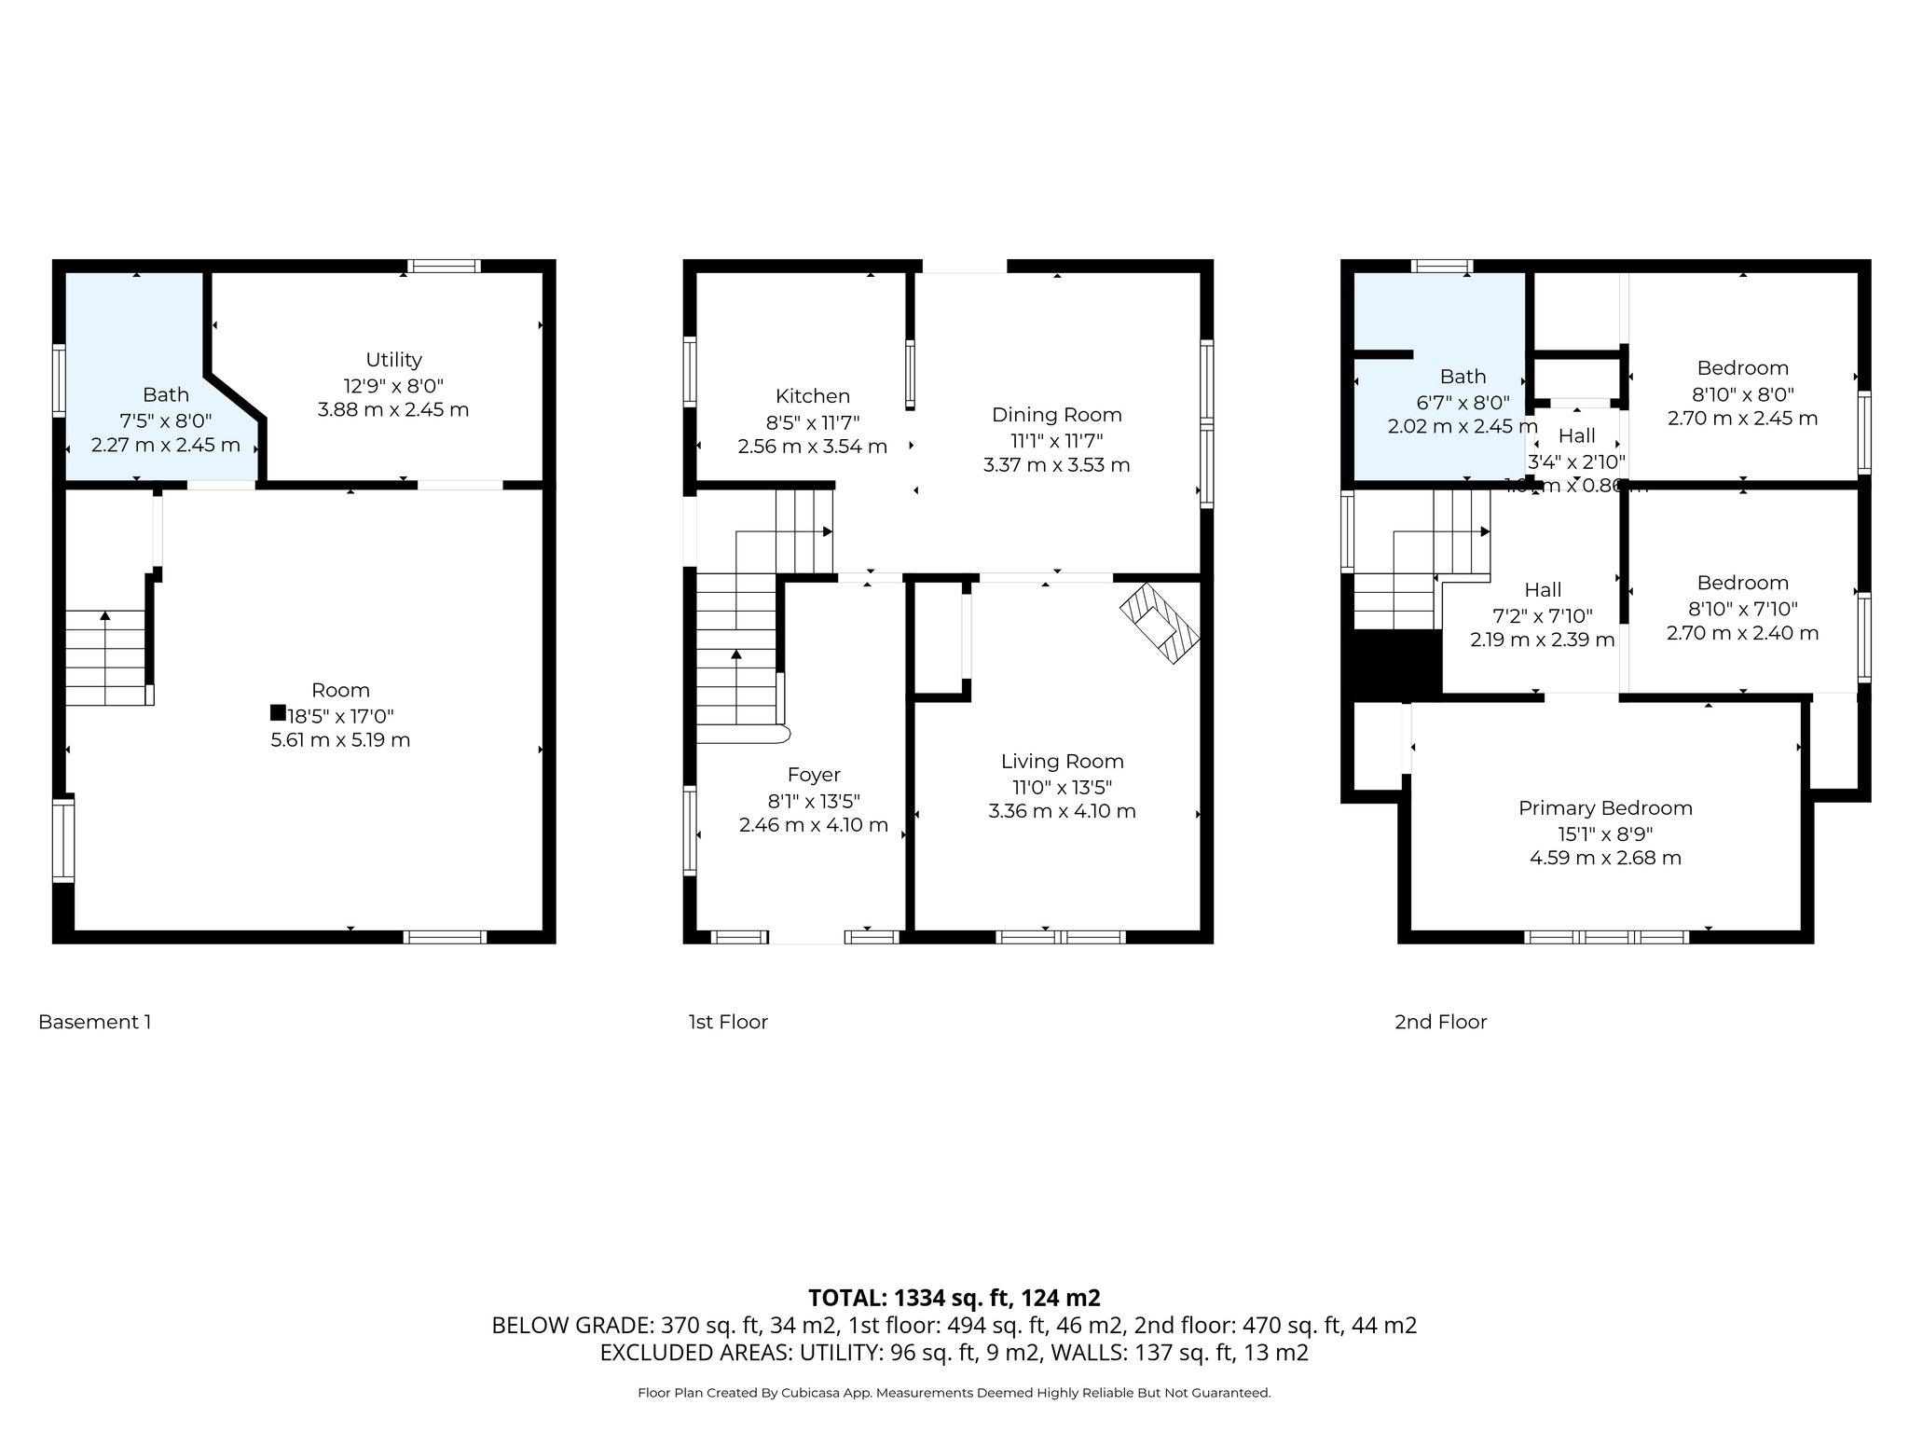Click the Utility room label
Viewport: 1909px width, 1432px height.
point(393,360)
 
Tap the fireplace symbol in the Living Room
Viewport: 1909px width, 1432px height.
point(1161,623)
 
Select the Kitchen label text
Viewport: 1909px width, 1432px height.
point(812,396)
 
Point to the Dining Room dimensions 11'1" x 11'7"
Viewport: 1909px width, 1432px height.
point(1056,440)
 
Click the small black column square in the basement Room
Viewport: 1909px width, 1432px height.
point(277,712)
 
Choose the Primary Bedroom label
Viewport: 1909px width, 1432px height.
point(1605,808)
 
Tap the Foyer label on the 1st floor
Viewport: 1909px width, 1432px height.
point(813,775)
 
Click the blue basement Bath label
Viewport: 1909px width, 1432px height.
point(166,395)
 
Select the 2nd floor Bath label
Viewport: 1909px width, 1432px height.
point(1463,377)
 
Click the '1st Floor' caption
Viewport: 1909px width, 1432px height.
point(728,1022)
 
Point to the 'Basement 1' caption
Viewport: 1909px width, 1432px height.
point(94,1022)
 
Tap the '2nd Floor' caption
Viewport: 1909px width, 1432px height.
point(1440,1022)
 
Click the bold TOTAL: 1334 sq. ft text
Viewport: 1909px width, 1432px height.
point(954,1298)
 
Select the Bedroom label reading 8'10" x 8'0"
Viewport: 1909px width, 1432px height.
point(1742,368)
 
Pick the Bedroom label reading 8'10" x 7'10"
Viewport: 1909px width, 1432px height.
point(1742,584)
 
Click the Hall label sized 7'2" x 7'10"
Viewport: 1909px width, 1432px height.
point(1543,590)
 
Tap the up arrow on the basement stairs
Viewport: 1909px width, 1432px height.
point(105,616)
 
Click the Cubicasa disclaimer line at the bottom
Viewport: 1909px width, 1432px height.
point(954,1393)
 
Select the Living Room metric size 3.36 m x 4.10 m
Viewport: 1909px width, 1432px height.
point(1062,811)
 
